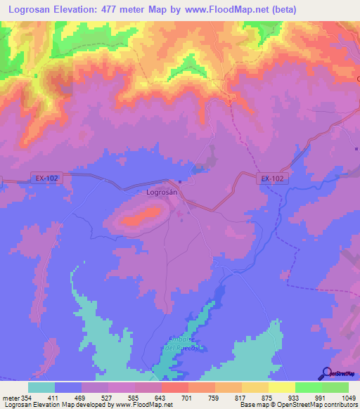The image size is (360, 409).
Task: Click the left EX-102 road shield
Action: click(46, 178)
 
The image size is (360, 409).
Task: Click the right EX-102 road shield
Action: click(271, 178)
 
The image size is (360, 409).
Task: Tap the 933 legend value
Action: click(302, 397)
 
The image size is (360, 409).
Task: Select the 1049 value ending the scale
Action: click(348, 397)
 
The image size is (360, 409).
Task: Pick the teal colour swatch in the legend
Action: click(41, 387)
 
